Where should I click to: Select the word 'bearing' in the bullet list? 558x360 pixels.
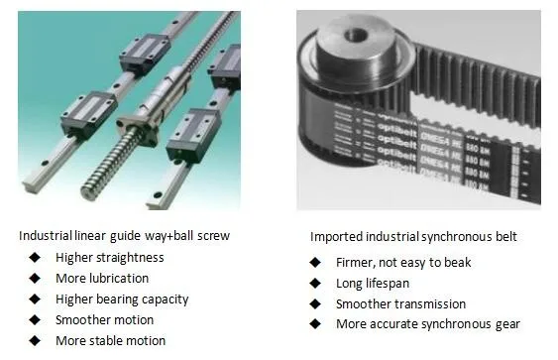point(117,300)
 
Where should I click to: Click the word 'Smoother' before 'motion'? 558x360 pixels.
point(79,319)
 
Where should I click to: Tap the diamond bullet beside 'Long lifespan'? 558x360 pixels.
point(315,284)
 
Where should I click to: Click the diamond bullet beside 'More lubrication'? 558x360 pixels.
point(35,278)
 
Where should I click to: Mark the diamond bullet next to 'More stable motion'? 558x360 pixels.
point(35,341)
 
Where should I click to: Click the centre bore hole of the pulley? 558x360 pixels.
point(356,36)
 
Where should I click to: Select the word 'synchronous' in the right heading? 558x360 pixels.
point(457,237)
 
